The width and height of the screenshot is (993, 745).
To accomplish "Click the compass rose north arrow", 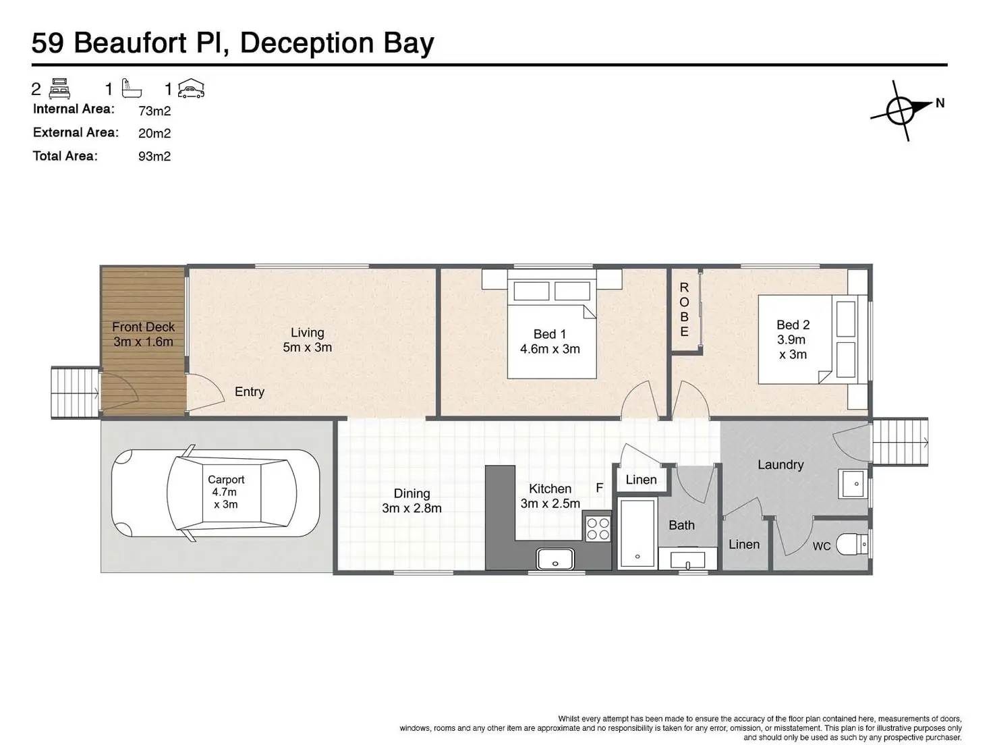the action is (902, 110).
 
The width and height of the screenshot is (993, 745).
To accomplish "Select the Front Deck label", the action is (143, 334).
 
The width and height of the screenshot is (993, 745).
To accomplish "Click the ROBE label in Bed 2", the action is (684, 310).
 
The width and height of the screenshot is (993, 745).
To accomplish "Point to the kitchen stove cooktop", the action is (598, 528).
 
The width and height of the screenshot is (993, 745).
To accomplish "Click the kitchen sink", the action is (555, 559).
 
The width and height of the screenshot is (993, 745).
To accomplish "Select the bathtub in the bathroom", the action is (637, 533).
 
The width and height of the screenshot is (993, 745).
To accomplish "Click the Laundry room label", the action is (781, 465).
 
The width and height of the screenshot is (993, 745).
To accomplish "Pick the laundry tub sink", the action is (855, 484).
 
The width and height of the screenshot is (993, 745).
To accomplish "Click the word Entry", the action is (250, 392).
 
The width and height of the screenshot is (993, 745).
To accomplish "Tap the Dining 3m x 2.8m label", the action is (412, 501).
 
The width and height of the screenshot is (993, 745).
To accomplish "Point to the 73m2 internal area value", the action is (154, 111).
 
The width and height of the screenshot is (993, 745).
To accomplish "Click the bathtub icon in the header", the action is (132, 88).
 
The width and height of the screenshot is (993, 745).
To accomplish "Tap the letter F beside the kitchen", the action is (599, 488).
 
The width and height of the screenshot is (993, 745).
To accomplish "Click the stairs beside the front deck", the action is (75, 393).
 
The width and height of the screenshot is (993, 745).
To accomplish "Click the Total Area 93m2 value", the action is (154, 157).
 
